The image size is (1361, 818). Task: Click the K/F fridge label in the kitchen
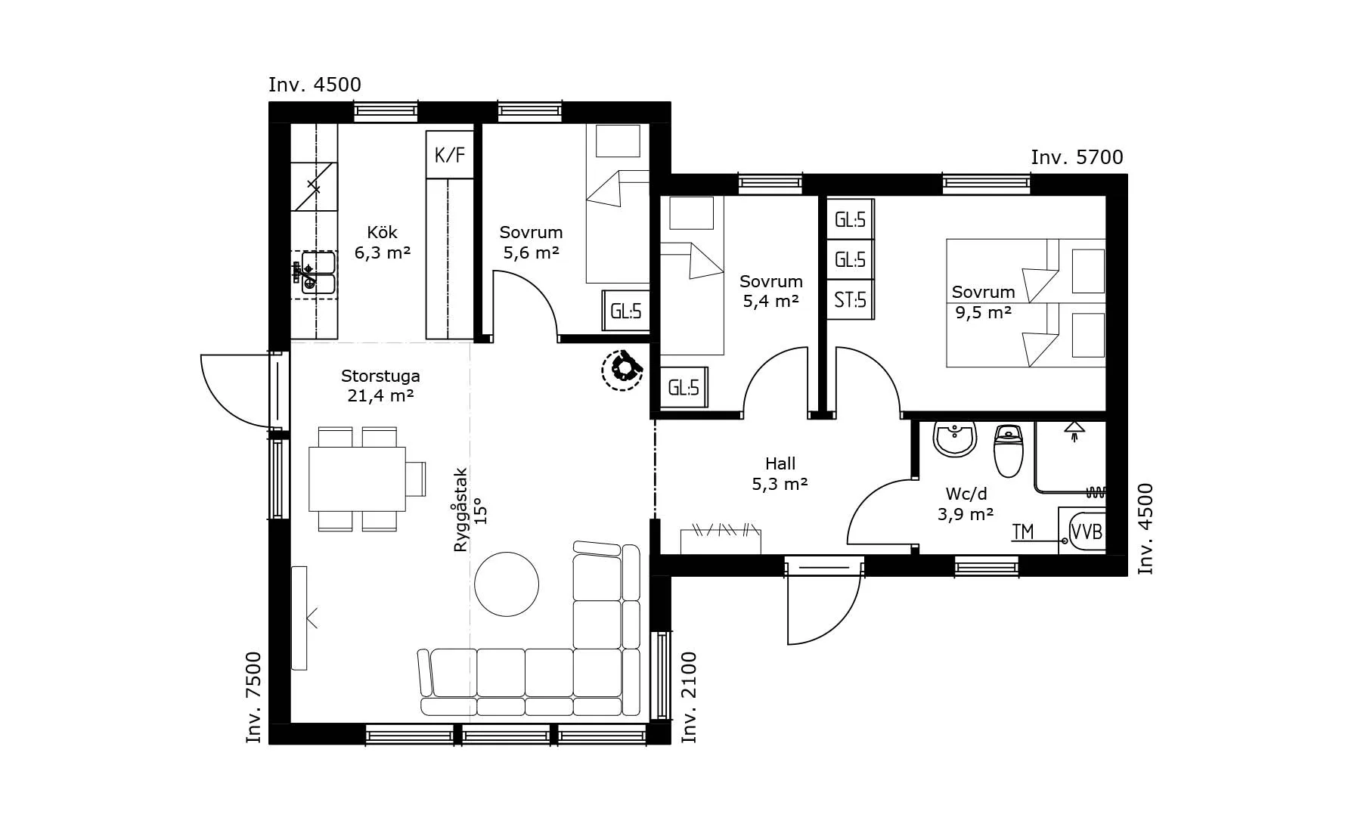450,155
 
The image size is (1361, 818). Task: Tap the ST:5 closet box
851,300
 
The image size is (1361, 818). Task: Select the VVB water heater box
1087,531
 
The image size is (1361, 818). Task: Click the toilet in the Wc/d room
1008,451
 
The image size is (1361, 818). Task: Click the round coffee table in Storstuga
507,584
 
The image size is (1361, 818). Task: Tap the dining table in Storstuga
358,479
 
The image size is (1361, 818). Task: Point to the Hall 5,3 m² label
780,474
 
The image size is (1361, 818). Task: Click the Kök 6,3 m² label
383,243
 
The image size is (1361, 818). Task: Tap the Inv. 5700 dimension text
1077,157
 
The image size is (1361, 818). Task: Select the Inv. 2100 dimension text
689,697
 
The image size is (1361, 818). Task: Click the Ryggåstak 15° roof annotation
471,510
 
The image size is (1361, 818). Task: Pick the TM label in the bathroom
1023,532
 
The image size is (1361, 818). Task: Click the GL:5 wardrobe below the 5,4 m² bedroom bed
684,388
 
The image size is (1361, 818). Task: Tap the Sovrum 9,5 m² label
983,302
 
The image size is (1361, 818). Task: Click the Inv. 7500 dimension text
254,697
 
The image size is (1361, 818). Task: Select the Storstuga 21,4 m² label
380,386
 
